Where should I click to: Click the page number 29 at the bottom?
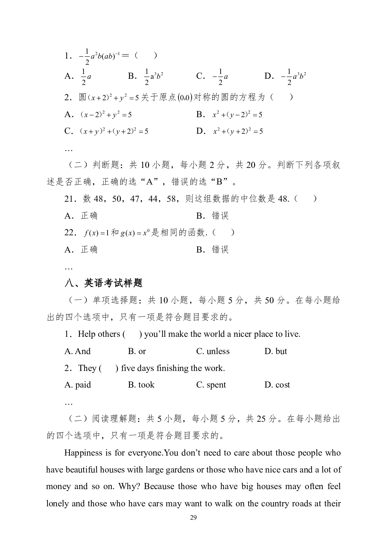point(193,518)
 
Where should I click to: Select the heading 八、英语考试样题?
point(104,283)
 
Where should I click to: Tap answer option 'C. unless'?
point(213,351)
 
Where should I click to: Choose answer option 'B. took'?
point(141,385)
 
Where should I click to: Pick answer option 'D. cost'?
point(277,385)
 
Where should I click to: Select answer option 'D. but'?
point(276,351)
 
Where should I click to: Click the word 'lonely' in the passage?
point(57,503)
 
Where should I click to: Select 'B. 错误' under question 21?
point(213,216)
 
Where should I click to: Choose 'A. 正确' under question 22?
point(81,250)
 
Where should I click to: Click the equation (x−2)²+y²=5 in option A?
point(106,115)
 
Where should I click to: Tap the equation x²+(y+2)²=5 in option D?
point(238,131)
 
